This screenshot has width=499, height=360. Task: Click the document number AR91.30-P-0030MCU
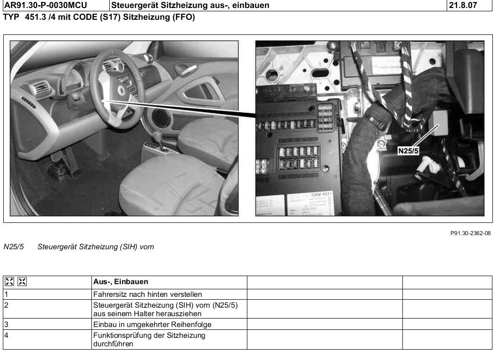click(46, 5)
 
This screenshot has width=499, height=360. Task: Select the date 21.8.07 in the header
click(463, 5)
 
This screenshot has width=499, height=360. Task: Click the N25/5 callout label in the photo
click(408, 151)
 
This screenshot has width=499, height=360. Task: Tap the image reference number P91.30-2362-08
click(470, 233)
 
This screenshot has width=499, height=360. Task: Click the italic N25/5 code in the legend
click(13, 247)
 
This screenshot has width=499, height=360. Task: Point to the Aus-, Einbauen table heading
click(121, 282)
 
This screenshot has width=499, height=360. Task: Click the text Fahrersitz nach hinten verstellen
click(147, 295)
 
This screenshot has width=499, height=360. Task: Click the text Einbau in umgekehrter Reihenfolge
click(152, 324)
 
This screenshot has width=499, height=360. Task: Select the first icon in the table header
click(9, 281)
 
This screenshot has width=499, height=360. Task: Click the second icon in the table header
click(22, 281)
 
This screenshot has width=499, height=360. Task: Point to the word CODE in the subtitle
click(85, 17)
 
